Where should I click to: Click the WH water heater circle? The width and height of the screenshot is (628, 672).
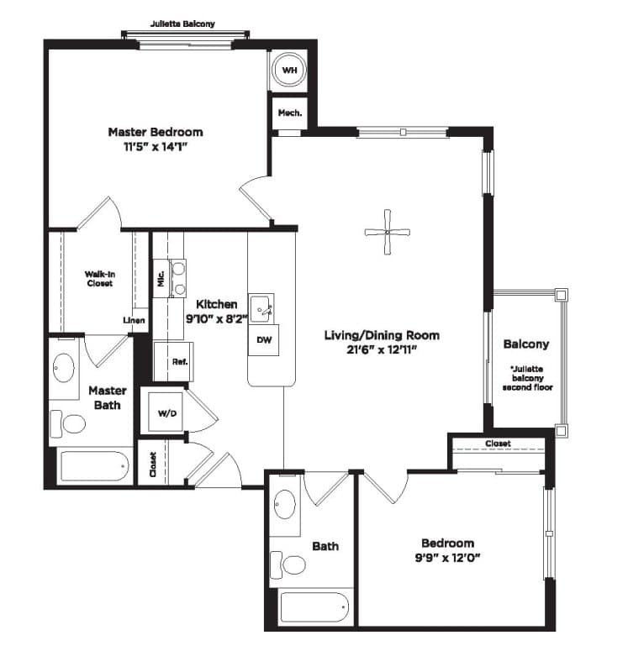(289, 70)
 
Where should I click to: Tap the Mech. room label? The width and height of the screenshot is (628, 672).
(290, 113)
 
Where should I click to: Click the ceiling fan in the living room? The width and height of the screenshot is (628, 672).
(387, 233)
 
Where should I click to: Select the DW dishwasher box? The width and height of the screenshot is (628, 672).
(264, 340)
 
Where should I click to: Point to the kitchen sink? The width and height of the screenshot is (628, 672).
(261, 308)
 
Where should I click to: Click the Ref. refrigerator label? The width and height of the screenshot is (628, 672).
(180, 362)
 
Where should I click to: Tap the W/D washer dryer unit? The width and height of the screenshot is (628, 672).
(166, 413)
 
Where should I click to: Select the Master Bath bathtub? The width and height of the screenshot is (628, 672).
(95, 466)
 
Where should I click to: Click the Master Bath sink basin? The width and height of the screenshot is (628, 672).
(64, 368)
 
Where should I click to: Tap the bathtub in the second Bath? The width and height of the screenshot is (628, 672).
(314, 607)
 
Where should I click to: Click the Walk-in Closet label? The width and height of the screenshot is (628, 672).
(99, 279)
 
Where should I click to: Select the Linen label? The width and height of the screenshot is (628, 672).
(134, 320)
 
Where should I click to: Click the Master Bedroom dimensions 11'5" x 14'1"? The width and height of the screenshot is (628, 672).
(156, 147)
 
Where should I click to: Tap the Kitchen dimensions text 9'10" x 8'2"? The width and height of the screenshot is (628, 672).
(217, 319)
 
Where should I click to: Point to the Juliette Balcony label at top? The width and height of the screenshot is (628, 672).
(182, 24)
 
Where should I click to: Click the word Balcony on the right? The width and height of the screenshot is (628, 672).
(526, 344)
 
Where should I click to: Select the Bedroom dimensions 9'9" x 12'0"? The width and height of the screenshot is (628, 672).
(447, 558)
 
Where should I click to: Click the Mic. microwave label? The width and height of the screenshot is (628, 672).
(161, 279)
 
